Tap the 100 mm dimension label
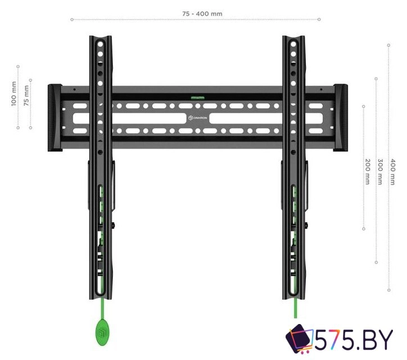[13, 95]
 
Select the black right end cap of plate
[341, 118]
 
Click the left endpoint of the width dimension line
[72, 19]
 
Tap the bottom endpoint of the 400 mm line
[388, 290]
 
